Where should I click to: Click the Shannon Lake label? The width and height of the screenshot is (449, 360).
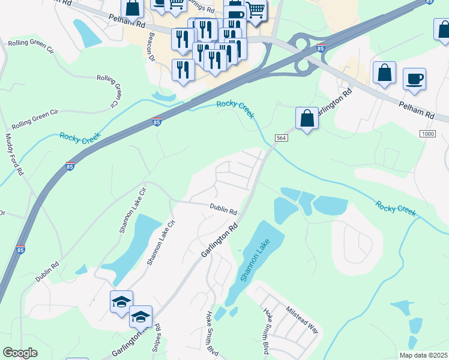(255, 260)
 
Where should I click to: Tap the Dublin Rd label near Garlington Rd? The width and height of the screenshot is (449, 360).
(223, 210)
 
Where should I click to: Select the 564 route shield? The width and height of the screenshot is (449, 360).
(281, 138)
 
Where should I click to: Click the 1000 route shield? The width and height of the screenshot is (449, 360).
(427, 133)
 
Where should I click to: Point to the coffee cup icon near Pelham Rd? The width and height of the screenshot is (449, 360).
(414, 78)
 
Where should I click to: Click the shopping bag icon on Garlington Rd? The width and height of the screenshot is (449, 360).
(307, 118)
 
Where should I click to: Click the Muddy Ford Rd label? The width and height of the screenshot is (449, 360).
(14, 155)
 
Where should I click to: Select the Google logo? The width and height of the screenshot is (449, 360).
(20, 353)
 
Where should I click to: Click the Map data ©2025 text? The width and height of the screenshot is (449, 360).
(423, 355)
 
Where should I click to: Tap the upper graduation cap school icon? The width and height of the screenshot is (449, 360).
(121, 301)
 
